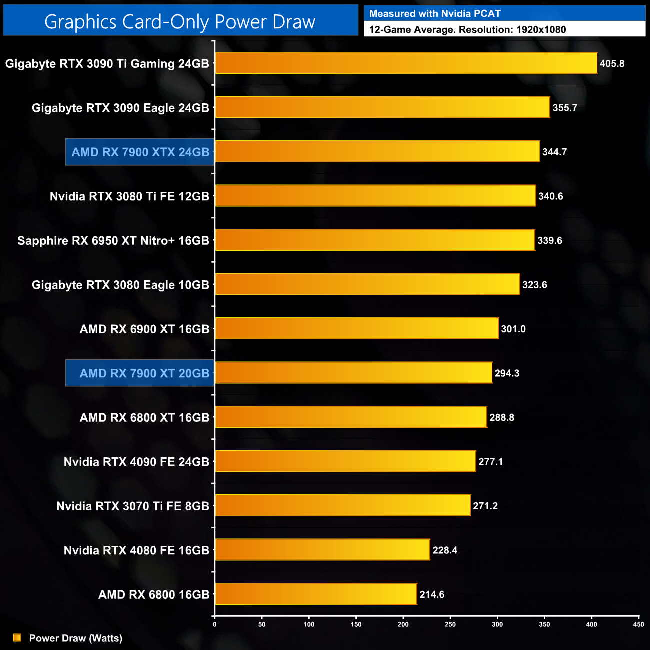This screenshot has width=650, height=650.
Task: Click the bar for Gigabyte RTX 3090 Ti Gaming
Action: [x=406, y=63]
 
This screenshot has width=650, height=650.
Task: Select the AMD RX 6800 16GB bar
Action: [x=316, y=594]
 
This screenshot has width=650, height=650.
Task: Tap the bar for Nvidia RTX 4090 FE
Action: [x=345, y=461]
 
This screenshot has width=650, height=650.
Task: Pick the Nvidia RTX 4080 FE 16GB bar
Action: [x=322, y=550]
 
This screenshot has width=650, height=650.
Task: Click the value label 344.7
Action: [x=554, y=152]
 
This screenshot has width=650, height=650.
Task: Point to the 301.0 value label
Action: [x=513, y=329]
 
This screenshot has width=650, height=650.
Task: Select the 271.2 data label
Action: [x=485, y=506]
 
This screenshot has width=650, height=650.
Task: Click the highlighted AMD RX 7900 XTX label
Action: [x=140, y=152]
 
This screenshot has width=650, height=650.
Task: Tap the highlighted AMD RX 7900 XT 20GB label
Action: [x=144, y=373]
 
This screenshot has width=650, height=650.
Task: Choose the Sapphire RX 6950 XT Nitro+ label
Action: [x=113, y=240]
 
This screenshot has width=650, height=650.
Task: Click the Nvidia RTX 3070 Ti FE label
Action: [x=133, y=506]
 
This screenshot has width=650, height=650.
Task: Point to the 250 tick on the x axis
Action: [x=450, y=624]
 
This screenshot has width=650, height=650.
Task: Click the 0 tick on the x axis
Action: [x=215, y=624]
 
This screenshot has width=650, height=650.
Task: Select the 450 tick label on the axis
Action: [x=638, y=624]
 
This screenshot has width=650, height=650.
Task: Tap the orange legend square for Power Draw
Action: [x=17, y=638]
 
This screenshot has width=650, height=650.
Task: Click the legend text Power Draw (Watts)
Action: [x=76, y=638]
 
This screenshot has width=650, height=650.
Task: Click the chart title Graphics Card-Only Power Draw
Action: [x=180, y=21]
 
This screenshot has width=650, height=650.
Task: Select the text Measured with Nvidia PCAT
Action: [x=435, y=14]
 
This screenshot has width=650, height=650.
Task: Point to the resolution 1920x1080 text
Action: [x=541, y=29]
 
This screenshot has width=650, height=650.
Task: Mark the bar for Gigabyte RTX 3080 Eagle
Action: [x=367, y=284]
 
